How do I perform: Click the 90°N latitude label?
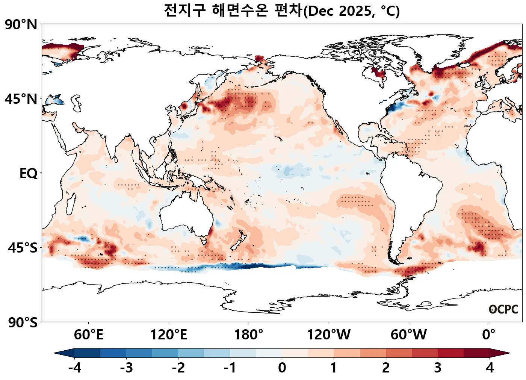click(21, 25)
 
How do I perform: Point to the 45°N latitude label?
click(21, 99)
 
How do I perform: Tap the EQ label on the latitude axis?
click(29, 174)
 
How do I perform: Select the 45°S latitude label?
click(23, 248)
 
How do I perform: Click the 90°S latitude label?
click(23, 322)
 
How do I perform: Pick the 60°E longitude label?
click(88, 335)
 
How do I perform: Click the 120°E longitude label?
click(168, 335)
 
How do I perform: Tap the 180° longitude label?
click(249, 335)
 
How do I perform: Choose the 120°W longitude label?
click(329, 335)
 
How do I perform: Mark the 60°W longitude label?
click(409, 335)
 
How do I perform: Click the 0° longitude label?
click(489, 335)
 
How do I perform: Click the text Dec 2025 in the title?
click(338, 11)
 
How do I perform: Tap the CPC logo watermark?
click(503, 309)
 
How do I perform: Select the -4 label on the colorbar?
click(74, 368)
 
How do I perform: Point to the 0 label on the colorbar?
click(282, 368)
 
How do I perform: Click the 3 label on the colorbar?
click(438, 368)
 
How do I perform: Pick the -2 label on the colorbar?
click(178, 368)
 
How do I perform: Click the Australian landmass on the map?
click(184, 214)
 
